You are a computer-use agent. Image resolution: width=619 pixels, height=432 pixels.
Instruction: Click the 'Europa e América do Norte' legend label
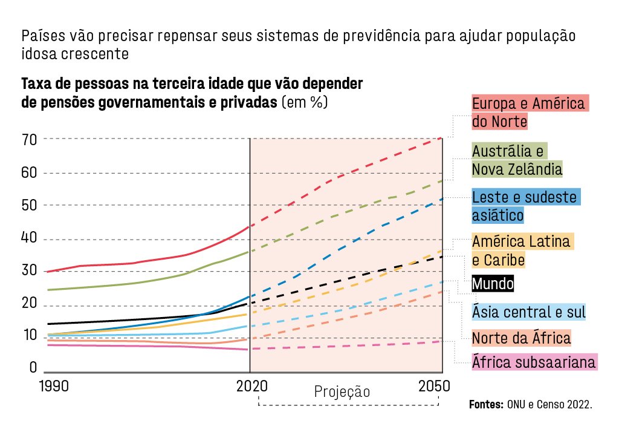tap(530, 112)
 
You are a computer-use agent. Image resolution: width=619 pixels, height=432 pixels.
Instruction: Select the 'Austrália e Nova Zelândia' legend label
tap(517, 160)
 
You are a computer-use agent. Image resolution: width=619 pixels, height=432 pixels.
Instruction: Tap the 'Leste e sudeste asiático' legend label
tap(525, 206)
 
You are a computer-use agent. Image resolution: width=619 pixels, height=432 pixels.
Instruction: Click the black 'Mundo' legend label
tap(493, 283)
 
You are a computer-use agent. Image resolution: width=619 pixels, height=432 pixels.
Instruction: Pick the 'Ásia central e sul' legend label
tap(529, 312)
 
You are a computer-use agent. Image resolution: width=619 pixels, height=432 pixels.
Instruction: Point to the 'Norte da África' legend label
tap(521, 337)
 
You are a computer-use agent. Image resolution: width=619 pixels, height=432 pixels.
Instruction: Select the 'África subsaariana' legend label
tap(534, 362)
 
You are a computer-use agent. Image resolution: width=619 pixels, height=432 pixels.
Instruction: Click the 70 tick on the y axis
tap(30, 140)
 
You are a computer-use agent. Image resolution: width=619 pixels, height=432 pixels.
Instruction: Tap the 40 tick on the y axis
tap(30, 239)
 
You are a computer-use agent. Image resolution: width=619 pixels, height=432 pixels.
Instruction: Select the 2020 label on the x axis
tap(249, 387)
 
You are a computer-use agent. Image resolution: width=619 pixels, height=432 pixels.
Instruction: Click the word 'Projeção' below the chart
tap(342, 392)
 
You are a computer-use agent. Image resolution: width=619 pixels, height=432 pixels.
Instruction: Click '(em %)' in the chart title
tap(305, 102)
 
